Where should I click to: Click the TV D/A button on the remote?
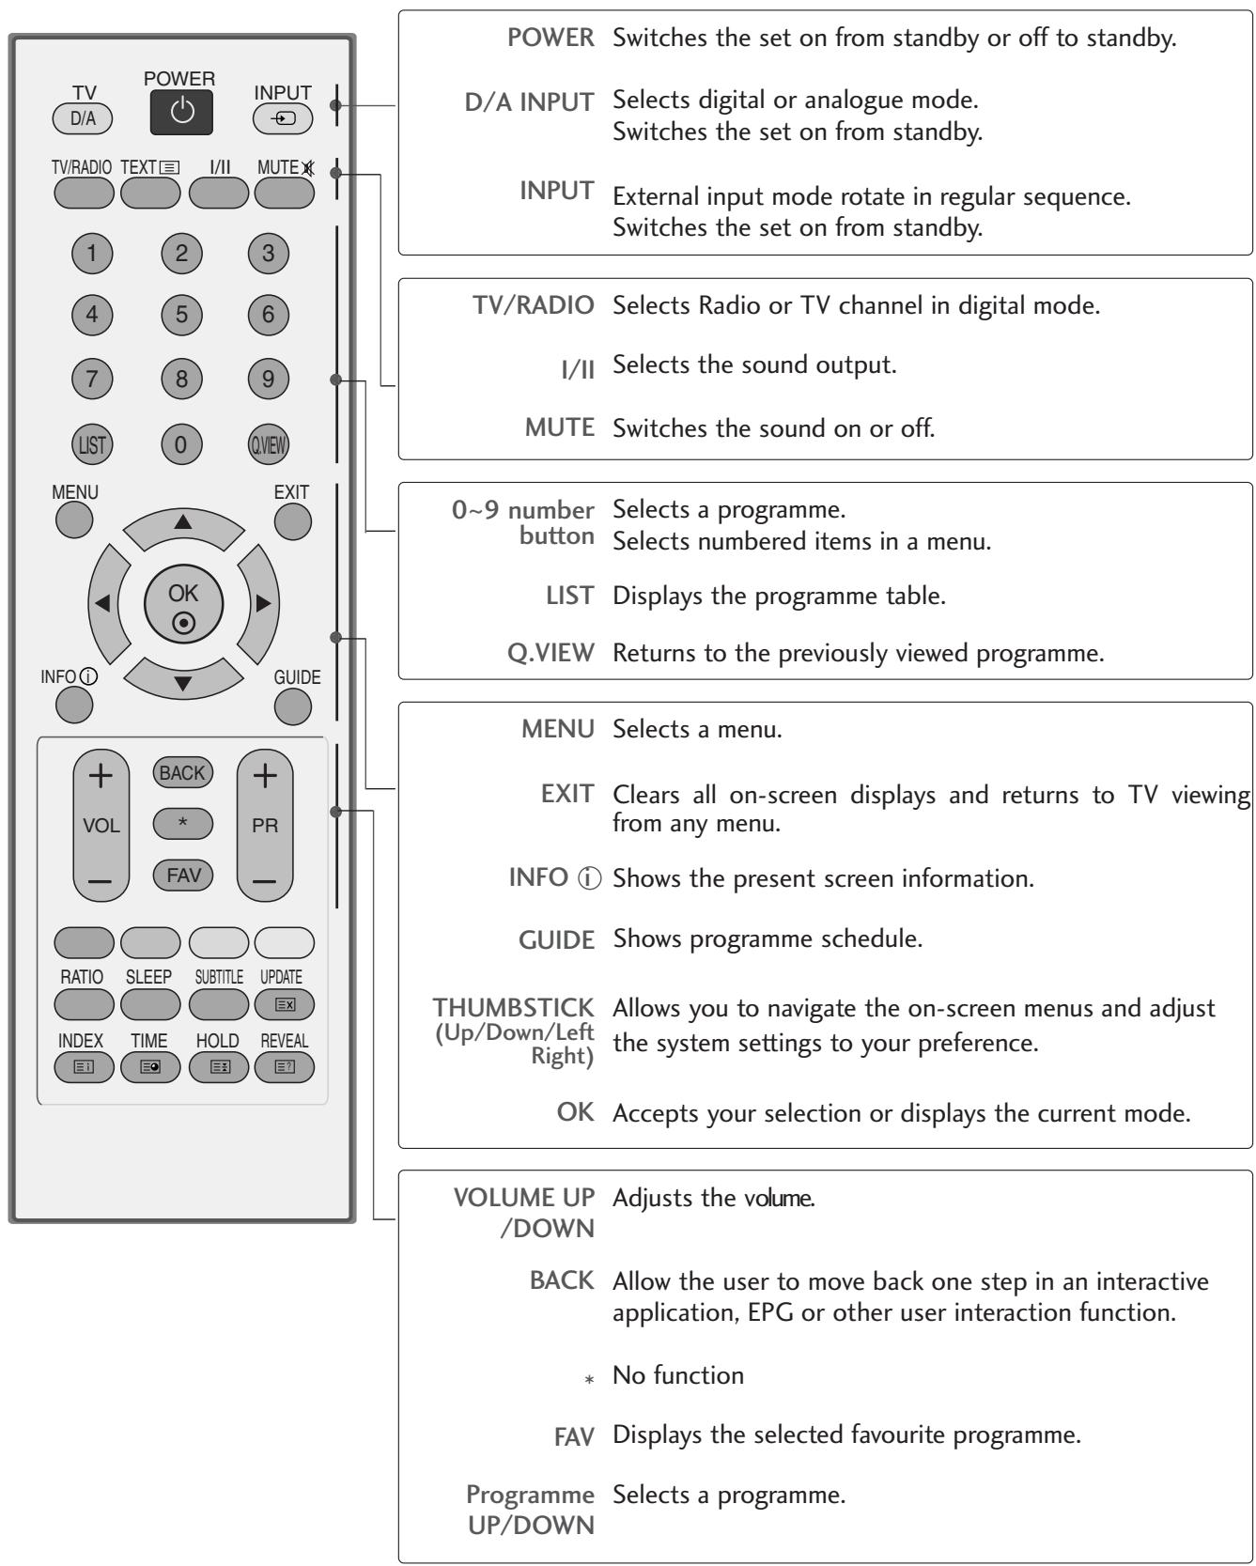[83, 118]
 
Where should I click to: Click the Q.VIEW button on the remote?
[269, 443]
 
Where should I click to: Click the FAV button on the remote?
[182, 875]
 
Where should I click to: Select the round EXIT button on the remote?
[292, 520]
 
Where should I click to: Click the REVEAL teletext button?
[284, 1067]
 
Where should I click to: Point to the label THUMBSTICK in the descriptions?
[514, 1007]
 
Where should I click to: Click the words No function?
[677, 1375]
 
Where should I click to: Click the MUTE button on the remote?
[283, 193]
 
